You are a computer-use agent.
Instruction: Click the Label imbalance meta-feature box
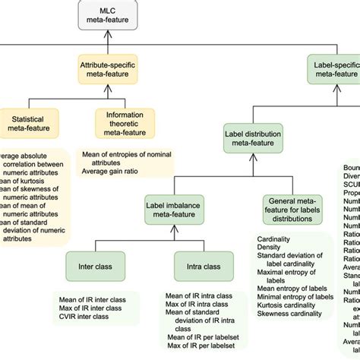pos(177,207)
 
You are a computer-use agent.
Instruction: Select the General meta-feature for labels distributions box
pos(291,207)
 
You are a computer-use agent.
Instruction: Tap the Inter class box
pos(95,267)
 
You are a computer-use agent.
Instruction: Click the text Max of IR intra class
pos(200,305)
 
